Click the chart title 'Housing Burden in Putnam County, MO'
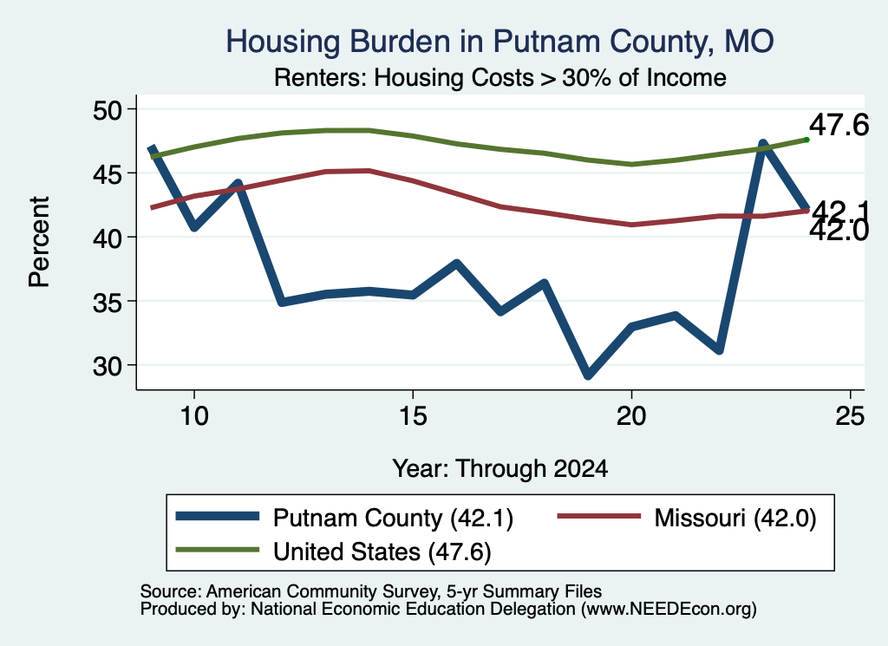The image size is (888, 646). [499, 42]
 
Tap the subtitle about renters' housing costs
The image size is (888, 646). [500, 77]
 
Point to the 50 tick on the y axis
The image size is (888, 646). [108, 109]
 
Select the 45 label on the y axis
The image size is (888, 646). [108, 173]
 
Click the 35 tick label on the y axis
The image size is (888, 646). [108, 301]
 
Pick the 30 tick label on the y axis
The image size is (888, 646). [108, 366]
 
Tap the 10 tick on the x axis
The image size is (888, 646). [194, 416]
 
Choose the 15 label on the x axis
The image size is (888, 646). [413, 416]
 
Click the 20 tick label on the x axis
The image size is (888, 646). [631, 416]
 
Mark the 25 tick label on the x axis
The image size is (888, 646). [850, 416]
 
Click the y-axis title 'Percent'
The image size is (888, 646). [39, 242]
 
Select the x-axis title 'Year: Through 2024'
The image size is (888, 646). [500, 469]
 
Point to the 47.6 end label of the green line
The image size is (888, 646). [839, 125]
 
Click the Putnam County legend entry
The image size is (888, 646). [344, 518]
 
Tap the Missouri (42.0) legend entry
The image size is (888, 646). [687, 518]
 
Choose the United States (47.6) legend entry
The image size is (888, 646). [334, 551]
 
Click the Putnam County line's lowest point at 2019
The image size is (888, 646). [588, 375]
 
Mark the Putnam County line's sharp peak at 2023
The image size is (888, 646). [763, 144]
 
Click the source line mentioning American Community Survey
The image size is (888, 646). [371, 591]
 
